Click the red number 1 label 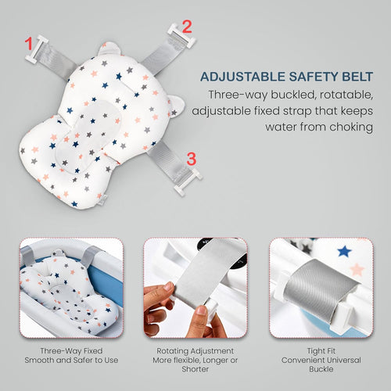coord(29,44)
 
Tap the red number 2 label coord(187,27)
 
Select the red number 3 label coord(192,159)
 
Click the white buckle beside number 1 coord(37,49)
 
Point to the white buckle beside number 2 coord(181,36)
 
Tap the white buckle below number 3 coord(188,182)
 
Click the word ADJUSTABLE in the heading coord(243,77)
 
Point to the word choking coord(351,127)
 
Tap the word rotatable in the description coord(346,95)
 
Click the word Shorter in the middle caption coord(195,369)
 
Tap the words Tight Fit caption coord(321,351)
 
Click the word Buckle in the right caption coord(321,369)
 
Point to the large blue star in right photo coord(344,251)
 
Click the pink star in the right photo coord(357,270)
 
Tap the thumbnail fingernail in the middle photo coord(202,310)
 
